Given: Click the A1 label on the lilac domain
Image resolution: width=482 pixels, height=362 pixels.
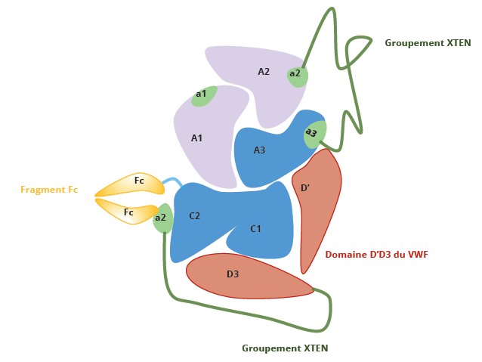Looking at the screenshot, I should (196, 138).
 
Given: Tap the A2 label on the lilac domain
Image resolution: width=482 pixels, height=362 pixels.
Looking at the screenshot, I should (264, 72).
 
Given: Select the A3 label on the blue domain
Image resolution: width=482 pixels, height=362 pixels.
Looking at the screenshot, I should (259, 150).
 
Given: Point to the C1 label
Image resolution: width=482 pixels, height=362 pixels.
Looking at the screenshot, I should (255, 228).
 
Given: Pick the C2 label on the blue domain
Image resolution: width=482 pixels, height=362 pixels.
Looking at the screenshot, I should (194, 216).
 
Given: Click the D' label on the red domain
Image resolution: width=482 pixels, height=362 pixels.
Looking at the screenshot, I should (304, 187).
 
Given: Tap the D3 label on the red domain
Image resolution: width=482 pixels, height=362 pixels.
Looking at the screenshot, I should (233, 274).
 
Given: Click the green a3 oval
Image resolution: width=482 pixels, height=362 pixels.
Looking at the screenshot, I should (314, 134).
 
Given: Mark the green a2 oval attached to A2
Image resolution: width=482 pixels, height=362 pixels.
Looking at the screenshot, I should (296, 74).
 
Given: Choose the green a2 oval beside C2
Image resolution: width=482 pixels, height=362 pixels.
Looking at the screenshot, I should (162, 218).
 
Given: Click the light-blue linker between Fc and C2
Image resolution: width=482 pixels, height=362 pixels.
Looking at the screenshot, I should (173, 182).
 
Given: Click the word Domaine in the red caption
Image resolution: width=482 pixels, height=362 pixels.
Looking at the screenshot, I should (345, 255).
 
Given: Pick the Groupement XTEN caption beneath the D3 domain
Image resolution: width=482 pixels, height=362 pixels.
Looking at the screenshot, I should (284, 348).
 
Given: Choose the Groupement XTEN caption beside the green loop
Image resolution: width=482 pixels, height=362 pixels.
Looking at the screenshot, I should (428, 43).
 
